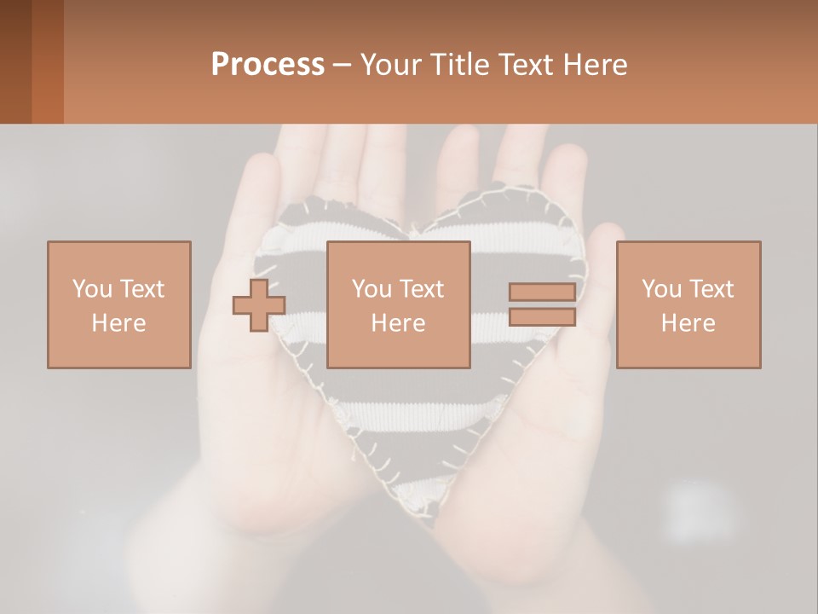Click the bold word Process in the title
pyautogui.click(x=268, y=65)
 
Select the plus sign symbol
pyautogui.click(x=258, y=304)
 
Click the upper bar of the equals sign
pyautogui.click(x=542, y=293)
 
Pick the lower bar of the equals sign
pyautogui.click(x=542, y=317)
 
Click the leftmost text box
pyautogui.click(x=118, y=304)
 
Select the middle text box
pyautogui.click(x=398, y=304)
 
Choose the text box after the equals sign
pyautogui.click(x=688, y=304)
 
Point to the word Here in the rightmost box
pyautogui.click(x=688, y=323)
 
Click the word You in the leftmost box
pyautogui.click(x=91, y=289)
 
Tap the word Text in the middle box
pyautogui.click(x=422, y=289)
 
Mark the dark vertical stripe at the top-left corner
pyautogui.click(x=16, y=61)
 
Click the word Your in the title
pyautogui.click(x=391, y=65)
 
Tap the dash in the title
pyautogui.click(x=343, y=66)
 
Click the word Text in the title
pyautogui.click(x=525, y=65)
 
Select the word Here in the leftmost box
pyautogui.click(x=118, y=323)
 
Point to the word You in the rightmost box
pyautogui.click(x=660, y=289)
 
